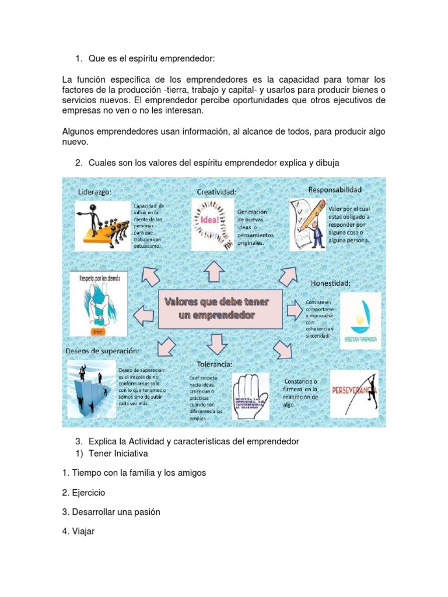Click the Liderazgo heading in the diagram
click(x=94, y=192)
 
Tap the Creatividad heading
click(x=216, y=191)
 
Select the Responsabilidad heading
click(x=335, y=189)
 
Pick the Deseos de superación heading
click(x=102, y=351)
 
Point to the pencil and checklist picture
click(x=307, y=223)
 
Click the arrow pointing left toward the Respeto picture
click(x=144, y=315)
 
